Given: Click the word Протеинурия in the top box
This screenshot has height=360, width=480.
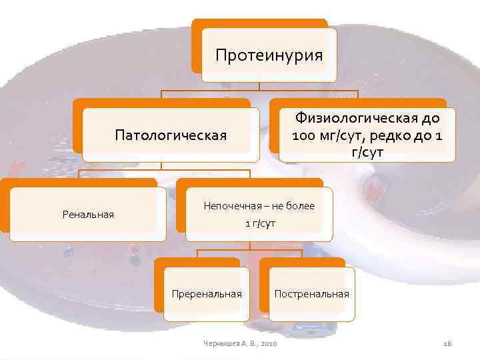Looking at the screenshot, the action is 269,55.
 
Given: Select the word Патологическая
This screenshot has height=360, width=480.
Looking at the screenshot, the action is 171,135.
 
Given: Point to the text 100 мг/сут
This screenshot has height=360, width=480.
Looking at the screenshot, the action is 322,136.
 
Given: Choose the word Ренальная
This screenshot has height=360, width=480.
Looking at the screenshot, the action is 88,214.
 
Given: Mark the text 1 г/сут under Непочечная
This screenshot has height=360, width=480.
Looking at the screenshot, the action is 259,223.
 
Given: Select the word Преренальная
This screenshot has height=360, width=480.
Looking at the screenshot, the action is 207,293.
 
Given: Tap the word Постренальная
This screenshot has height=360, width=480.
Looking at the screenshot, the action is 311,293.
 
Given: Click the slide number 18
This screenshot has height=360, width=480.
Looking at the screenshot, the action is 447,343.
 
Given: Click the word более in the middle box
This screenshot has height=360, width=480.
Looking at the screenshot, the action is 300,206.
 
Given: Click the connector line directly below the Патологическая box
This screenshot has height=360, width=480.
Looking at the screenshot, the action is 161,166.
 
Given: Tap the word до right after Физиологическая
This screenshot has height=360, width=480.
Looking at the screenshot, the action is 431,119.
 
